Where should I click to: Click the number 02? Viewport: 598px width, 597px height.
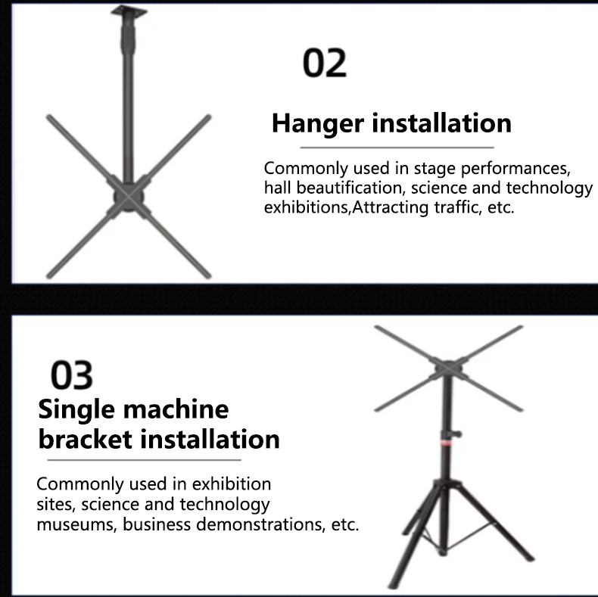(325, 64)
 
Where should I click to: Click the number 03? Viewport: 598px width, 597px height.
(72, 376)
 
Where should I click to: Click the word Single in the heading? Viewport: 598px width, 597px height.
(76, 409)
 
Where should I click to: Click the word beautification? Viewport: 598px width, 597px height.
(347, 187)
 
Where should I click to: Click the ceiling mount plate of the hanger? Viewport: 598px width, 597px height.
(126, 11)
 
